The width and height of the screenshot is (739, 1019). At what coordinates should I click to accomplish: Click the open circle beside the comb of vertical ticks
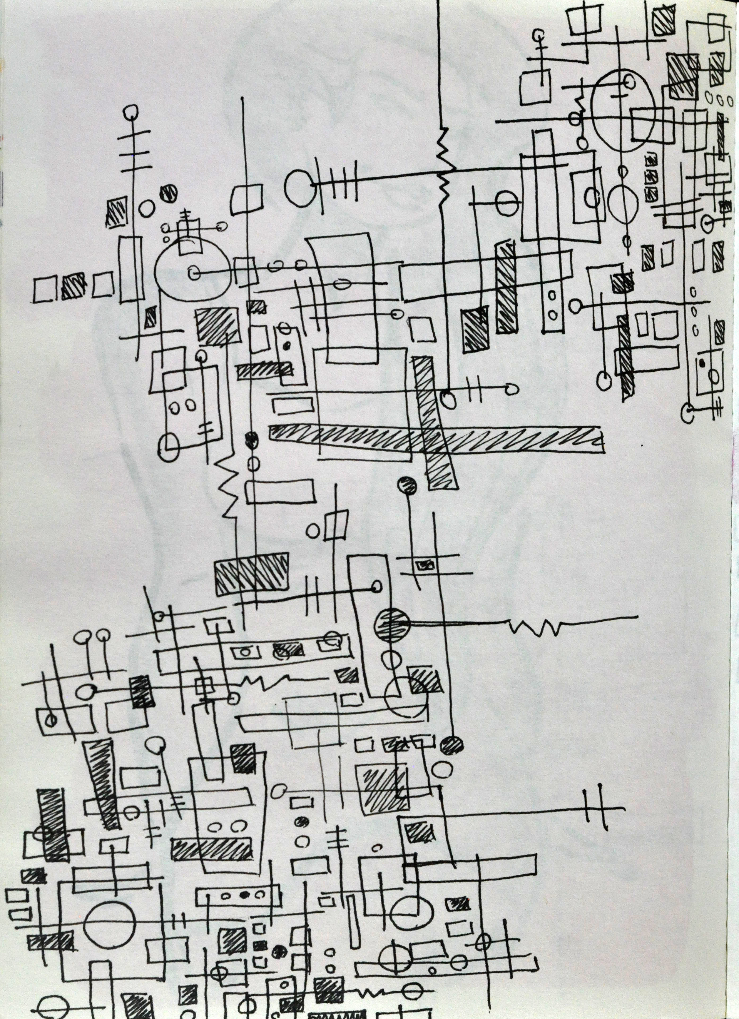(x=300, y=185)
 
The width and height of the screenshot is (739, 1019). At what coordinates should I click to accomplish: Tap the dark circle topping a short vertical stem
(x=407, y=485)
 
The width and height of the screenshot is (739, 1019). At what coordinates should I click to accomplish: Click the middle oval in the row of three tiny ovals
(x=717, y=97)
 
